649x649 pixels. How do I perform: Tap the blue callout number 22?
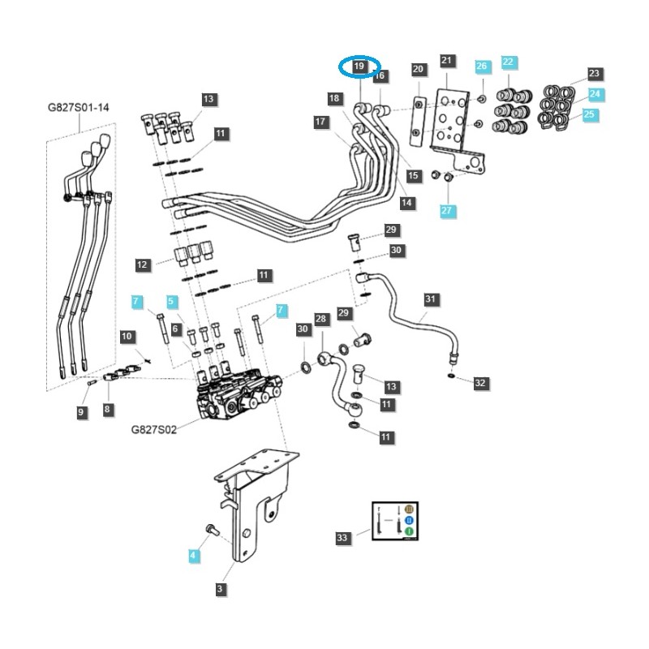click(x=508, y=62)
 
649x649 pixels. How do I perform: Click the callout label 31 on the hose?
click(x=431, y=299)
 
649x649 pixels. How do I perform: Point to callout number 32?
click(x=481, y=382)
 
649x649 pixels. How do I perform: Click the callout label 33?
click(x=342, y=537)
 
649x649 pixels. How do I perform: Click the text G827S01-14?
click(x=79, y=107)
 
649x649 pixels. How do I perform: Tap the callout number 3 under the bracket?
click(x=220, y=590)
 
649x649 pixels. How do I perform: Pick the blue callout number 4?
click(x=193, y=556)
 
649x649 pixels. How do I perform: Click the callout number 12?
click(x=143, y=264)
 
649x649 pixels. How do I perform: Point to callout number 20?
click(x=419, y=70)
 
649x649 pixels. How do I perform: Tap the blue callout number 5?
click(x=171, y=301)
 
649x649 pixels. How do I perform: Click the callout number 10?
click(x=127, y=336)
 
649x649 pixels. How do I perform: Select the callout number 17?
click(x=320, y=122)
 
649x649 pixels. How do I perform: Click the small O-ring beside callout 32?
click(x=451, y=377)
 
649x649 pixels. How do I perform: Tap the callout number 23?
click(x=595, y=73)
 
